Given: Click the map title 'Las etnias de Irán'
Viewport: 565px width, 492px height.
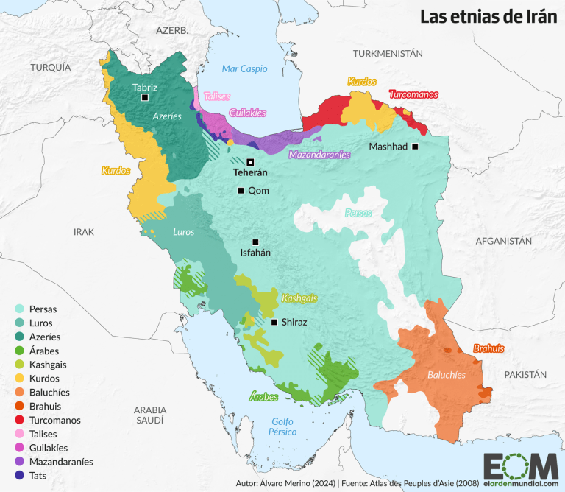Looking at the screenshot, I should [x=488, y=18].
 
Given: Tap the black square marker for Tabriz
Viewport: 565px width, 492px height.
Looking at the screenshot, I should [x=145, y=97].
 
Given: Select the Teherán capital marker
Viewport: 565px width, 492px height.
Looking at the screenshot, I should [x=250, y=162].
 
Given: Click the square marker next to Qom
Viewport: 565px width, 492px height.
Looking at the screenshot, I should [x=240, y=191].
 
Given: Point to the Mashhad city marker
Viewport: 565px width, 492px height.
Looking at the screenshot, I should [x=415, y=147].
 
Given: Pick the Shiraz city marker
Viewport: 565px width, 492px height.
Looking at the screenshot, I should [x=274, y=322].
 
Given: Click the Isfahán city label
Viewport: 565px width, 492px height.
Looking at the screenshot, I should [x=255, y=253].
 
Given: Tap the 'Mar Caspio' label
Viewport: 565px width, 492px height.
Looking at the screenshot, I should [x=245, y=69].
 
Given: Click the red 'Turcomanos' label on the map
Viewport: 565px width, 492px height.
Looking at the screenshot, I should [x=413, y=94].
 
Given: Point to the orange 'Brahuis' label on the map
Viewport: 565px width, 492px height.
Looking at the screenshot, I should [x=488, y=348].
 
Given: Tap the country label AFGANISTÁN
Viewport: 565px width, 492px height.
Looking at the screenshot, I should [x=503, y=241].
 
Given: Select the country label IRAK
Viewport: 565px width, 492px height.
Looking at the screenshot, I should [x=84, y=231].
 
